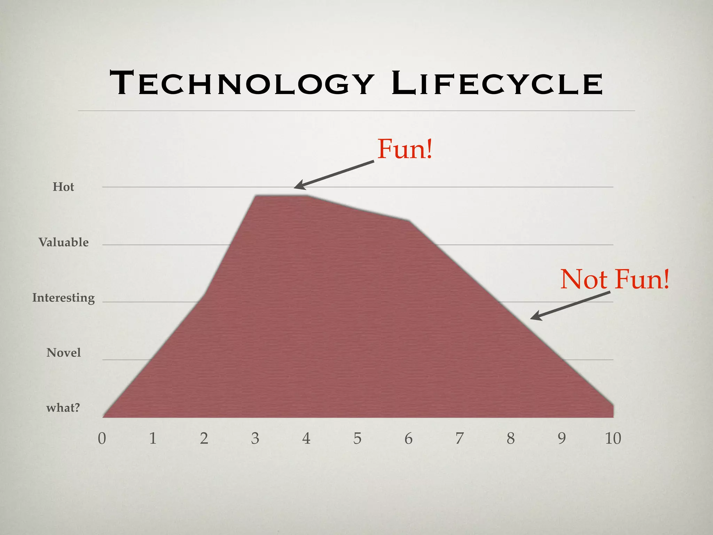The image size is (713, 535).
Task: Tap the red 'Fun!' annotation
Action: (x=405, y=149)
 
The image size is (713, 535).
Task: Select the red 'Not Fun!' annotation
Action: (x=615, y=279)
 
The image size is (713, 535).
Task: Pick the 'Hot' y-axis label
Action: (x=63, y=187)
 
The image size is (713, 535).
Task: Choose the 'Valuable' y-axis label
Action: (x=64, y=242)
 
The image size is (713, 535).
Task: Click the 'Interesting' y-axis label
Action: (x=64, y=298)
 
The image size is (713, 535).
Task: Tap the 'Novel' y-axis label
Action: (x=64, y=353)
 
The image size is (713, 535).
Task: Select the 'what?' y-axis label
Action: (x=63, y=408)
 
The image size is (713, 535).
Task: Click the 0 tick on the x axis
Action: (x=102, y=438)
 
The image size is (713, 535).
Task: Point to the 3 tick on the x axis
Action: (x=255, y=438)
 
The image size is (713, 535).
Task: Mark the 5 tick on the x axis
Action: (x=358, y=438)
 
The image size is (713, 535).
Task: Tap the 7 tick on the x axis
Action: (x=460, y=438)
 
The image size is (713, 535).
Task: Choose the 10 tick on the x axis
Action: (x=613, y=438)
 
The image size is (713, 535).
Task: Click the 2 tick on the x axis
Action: (x=204, y=438)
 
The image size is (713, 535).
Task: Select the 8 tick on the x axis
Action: (x=511, y=438)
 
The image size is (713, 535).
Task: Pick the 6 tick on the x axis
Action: (x=409, y=438)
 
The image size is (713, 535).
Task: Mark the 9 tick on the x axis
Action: (x=562, y=438)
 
